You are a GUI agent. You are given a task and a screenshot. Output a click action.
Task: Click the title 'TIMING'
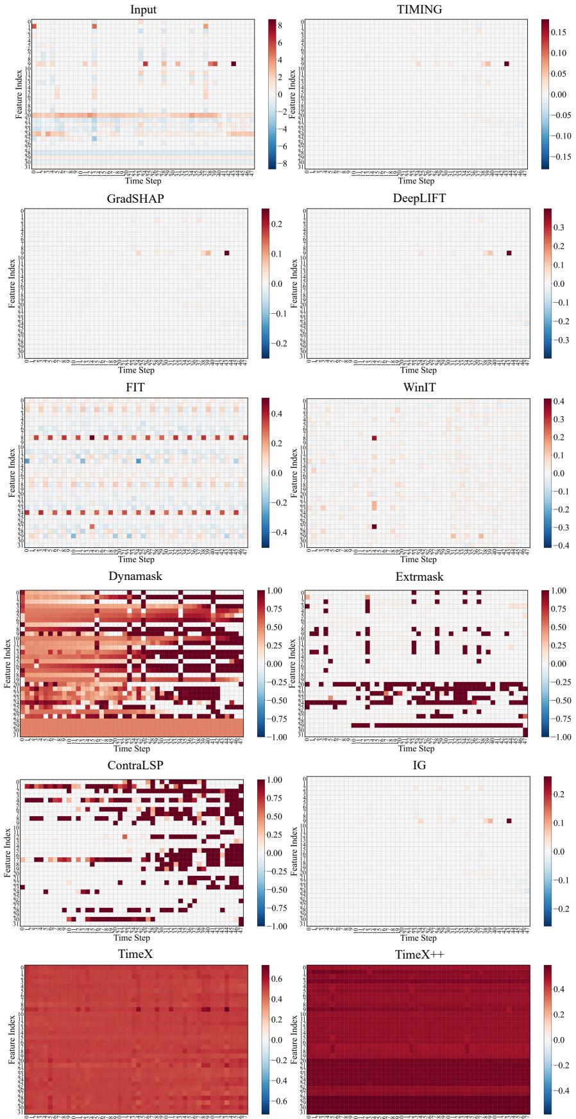(x=419, y=9)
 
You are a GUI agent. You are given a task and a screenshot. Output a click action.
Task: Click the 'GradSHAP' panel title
(x=135, y=198)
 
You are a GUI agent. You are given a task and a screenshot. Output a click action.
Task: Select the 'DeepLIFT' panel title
(x=419, y=198)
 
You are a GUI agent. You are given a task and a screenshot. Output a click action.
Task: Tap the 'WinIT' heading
(x=419, y=388)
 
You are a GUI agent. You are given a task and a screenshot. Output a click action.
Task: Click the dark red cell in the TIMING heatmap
(x=507, y=64)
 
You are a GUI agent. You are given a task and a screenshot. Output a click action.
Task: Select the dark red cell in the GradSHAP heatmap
(x=226, y=253)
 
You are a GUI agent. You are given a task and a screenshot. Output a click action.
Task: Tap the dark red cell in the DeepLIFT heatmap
(x=509, y=253)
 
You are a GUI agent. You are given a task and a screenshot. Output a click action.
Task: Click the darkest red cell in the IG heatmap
(x=509, y=820)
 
